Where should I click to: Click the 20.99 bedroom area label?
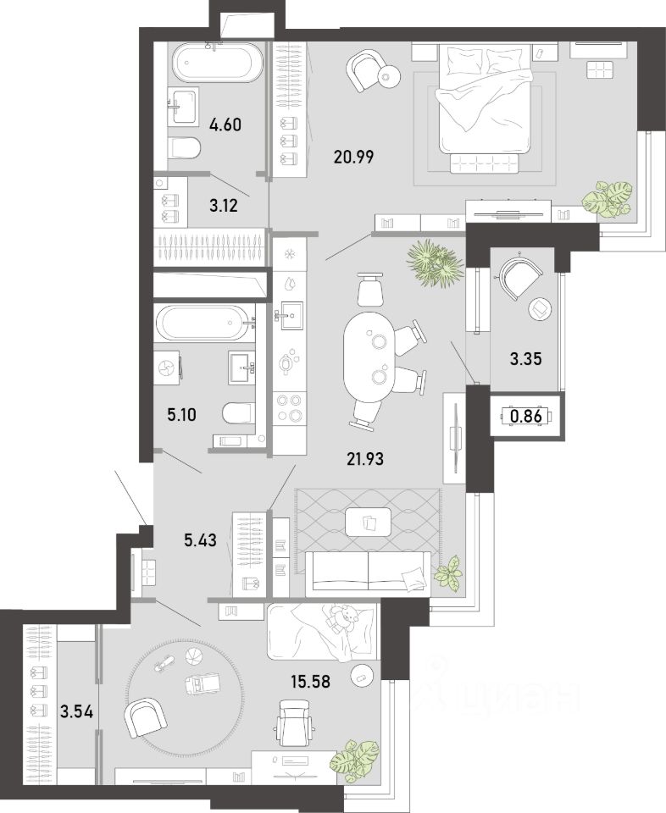point(353,156)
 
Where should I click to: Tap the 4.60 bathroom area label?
point(225,125)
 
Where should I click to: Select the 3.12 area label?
point(224,206)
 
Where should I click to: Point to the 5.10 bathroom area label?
point(181,415)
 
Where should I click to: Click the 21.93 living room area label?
point(366,458)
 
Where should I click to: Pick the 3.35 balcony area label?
point(526,358)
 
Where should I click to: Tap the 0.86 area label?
point(526,416)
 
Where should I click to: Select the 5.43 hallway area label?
point(200,540)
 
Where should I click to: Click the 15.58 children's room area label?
point(310,681)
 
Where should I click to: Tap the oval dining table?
point(369,357)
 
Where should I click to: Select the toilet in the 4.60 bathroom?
point(186,148)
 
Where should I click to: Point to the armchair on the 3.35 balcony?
point(520,274)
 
